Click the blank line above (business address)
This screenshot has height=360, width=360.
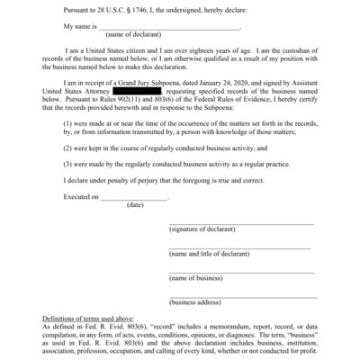coord(243,296)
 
